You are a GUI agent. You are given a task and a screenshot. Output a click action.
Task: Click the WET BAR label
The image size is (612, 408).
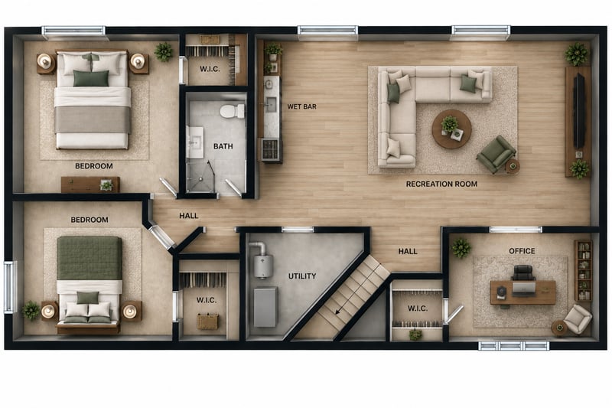click(x=301, y=106)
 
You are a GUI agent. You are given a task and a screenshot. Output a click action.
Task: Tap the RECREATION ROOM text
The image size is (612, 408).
click(x=441, y=184)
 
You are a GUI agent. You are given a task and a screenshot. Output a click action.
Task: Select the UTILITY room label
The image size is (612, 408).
click(x=302, y=276)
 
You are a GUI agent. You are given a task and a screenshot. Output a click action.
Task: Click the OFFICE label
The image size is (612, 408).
click(x=522, y=251)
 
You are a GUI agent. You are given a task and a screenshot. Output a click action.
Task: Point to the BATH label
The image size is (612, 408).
click(x=223, y=146)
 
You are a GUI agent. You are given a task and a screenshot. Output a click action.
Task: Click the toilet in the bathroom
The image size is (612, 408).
click(x=233, y=111)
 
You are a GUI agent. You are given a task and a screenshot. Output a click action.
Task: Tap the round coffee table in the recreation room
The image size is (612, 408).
click(x=451, y=129)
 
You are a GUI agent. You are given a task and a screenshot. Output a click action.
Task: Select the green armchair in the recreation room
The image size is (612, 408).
click(x=496, y=154)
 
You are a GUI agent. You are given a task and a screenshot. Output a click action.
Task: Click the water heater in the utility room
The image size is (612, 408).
click(x=261, y=263)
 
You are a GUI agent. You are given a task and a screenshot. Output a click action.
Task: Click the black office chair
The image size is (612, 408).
click(x=523, y=273)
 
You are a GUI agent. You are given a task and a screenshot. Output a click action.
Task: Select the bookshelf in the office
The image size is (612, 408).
click(x=583, y=270)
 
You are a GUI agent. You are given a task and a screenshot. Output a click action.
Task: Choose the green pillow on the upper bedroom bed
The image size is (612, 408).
click(x=91, y=78)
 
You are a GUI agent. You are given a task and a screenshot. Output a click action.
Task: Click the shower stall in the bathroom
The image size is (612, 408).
click(x=200, y=178)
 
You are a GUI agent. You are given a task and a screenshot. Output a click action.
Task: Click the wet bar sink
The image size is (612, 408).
click(x=271, y=104)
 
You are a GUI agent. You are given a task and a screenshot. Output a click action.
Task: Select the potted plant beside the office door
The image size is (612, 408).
click(x=461, y=248)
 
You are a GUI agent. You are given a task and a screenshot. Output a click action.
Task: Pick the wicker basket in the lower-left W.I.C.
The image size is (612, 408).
click(x=207, y=322)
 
